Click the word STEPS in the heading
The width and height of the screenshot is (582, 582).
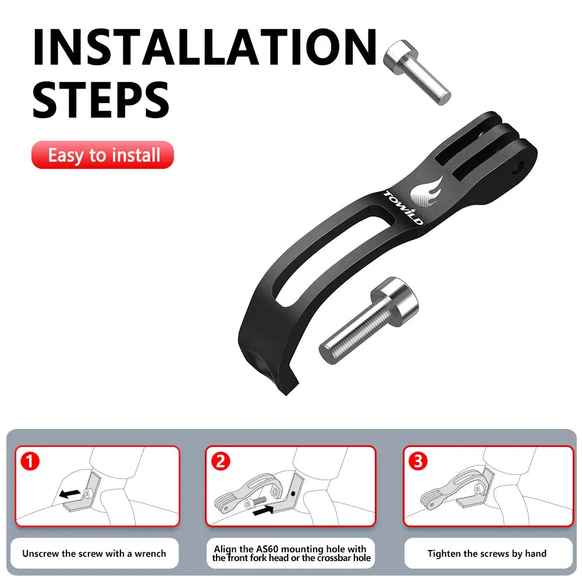click(100, 100)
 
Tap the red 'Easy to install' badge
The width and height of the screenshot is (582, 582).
click(103, 155)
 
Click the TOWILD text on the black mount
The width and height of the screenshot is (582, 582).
click(404, 207)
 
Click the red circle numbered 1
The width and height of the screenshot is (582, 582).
click(29, 462)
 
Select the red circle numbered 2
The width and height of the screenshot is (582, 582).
click(220, 462)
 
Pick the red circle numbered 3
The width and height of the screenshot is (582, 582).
click(418, 462)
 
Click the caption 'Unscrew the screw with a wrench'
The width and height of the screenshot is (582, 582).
click(94, 553)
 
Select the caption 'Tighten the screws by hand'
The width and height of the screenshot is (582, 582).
click(487, 553)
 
